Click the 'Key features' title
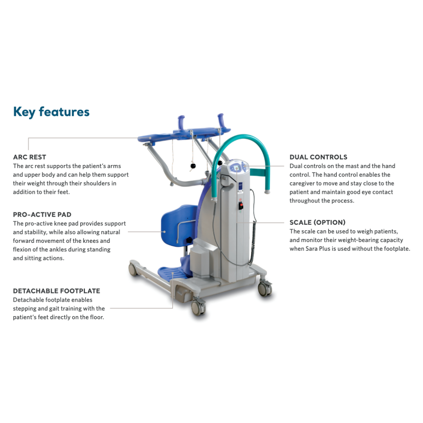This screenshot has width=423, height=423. pyautogui.click(x=51, y=112)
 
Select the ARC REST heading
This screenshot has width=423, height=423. pyautogui.click(x=29, y=157)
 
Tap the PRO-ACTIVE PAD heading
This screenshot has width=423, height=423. pyautogui.click(x=42, y=215)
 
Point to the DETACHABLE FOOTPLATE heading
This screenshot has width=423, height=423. pyautogui.click(x=56, y=291)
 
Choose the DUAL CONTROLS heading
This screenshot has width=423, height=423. pyautogui.click(x=318, y=157)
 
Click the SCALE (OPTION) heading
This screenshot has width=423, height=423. pyautogui.click(x=317, y=222)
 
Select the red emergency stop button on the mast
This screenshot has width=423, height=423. pyautogui.click(x=241, y=205)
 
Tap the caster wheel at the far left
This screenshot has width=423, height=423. pyautogui.click(x=134, y=269)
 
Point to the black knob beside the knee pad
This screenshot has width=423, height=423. pyautogui.click(x=190, y=240)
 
